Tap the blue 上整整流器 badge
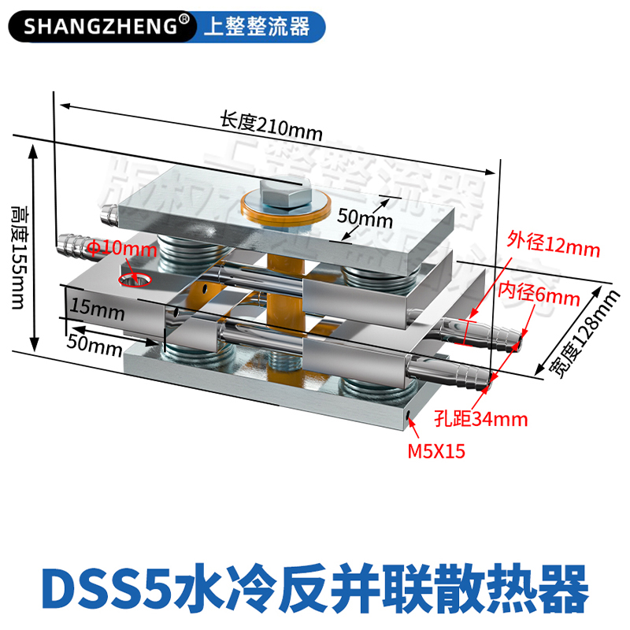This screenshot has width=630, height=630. click(x=256, y=27)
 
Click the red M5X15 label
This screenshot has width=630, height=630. click(x=435, y=453)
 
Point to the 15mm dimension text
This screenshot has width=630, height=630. click(x=94, y=309)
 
